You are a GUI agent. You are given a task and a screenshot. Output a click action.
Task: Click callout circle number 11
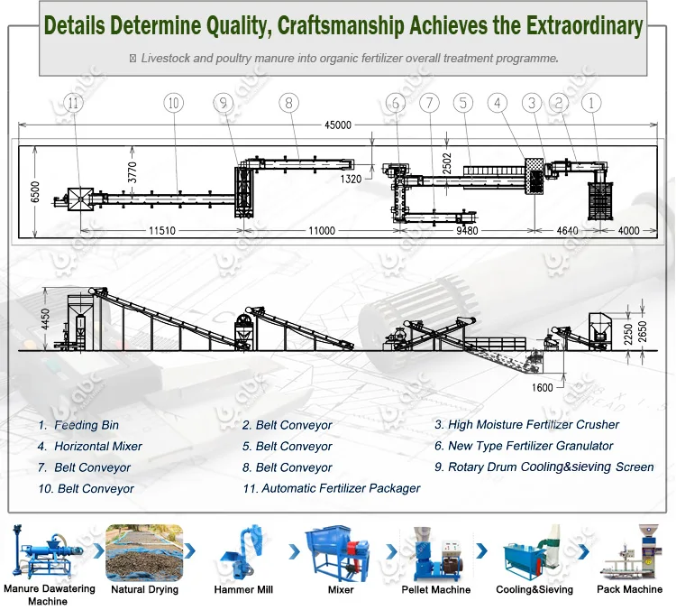point(74,103)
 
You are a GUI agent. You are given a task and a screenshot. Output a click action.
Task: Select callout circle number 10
point(173,103)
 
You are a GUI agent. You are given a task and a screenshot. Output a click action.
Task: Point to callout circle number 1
point(591,103)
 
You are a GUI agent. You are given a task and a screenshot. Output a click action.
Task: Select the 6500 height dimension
point(35,190)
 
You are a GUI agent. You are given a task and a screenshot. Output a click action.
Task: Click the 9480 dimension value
point(466,231)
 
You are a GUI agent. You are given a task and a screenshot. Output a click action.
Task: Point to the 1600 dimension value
point(542,388)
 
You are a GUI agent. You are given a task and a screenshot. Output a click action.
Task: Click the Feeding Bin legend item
point(87,425)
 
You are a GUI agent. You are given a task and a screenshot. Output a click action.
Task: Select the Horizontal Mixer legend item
point(98,447)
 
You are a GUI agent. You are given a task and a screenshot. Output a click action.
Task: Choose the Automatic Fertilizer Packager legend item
point(341,488)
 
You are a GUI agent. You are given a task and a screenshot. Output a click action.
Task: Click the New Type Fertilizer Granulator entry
point(530,446)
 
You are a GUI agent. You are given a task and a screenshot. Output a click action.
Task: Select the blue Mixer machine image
point(340,552)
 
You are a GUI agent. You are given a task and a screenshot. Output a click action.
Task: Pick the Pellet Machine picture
point(434,552)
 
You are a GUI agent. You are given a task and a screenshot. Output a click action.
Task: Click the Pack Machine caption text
point(629,589)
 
